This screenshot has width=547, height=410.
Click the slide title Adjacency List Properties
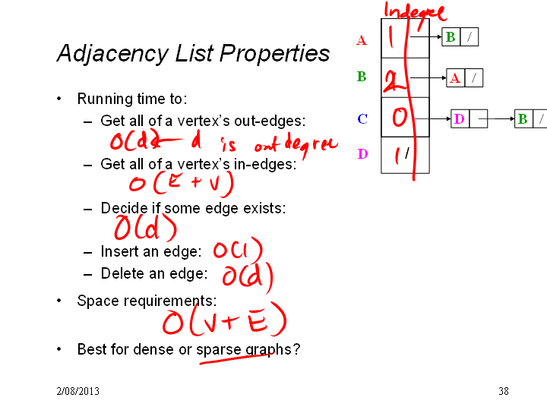coord(193,53)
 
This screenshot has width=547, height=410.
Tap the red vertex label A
coord(362,40)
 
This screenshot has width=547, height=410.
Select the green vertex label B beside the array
coord(362,77)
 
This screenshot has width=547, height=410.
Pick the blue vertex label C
coord(362,119)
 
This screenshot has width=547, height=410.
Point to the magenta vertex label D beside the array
coord(363,153)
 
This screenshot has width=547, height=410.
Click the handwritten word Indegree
coord(415,13)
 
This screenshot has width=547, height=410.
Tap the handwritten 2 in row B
coord(394,81)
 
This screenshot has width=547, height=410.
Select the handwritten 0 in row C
coord(400,117)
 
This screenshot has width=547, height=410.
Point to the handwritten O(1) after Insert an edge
coord(238,250)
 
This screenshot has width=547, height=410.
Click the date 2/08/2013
coord(77,391)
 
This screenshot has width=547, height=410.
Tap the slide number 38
coord(504,391)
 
